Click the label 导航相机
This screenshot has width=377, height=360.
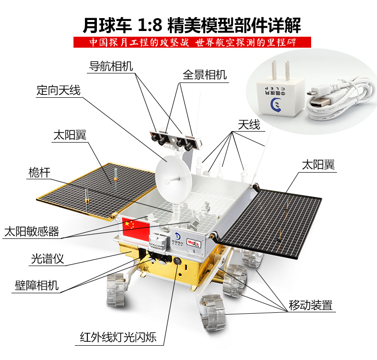click(111, 66)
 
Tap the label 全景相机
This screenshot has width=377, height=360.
click(205, 75)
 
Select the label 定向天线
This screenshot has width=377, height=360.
click(59, 90)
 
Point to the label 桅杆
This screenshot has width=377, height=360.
click(39, 173)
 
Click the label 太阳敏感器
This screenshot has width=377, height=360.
click(31, 232)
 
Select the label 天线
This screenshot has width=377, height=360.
click(249, 125)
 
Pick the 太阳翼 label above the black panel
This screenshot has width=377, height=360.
click(318, 165)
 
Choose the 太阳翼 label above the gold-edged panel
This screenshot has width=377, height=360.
click(70, 135)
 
